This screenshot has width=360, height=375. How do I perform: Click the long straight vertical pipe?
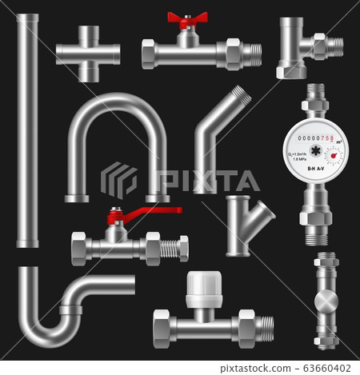[x=26, y=128]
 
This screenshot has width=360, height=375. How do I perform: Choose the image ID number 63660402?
[x=323, y=366]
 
